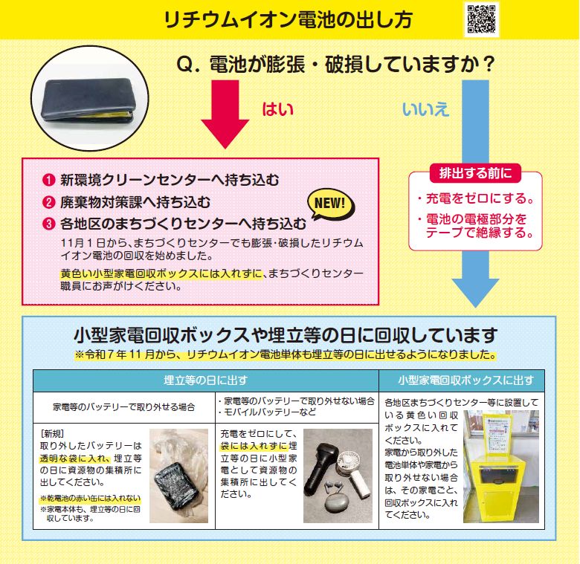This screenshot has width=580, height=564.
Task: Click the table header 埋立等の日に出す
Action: pyautogui.click(x=206, y=380)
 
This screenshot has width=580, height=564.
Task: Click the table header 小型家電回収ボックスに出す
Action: pyautogui.click(x=465, y=380)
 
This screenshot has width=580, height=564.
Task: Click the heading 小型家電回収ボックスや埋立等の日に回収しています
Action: pyautogui.click(x=289, y=334)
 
